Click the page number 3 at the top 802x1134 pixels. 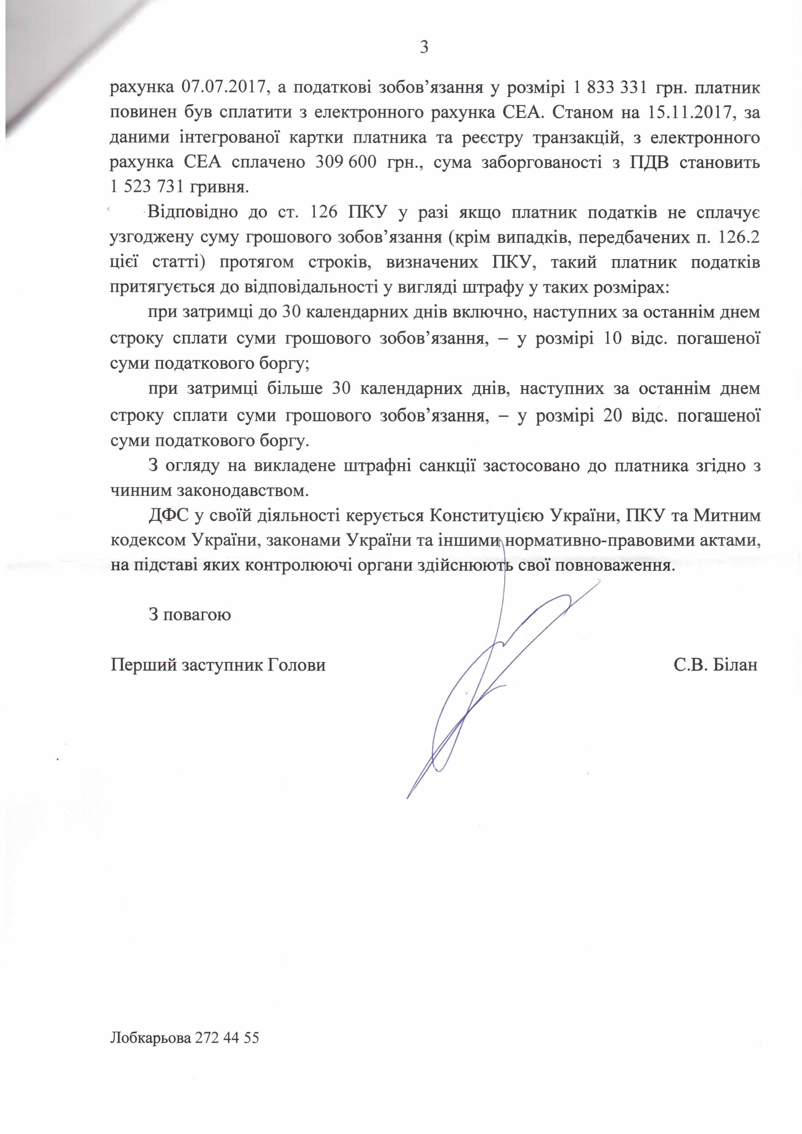(423, 47)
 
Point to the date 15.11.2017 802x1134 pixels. (690, 113)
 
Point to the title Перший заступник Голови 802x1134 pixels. (218, 665)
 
